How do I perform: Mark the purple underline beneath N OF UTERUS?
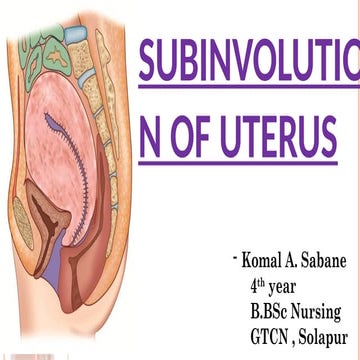tap(248, 165)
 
